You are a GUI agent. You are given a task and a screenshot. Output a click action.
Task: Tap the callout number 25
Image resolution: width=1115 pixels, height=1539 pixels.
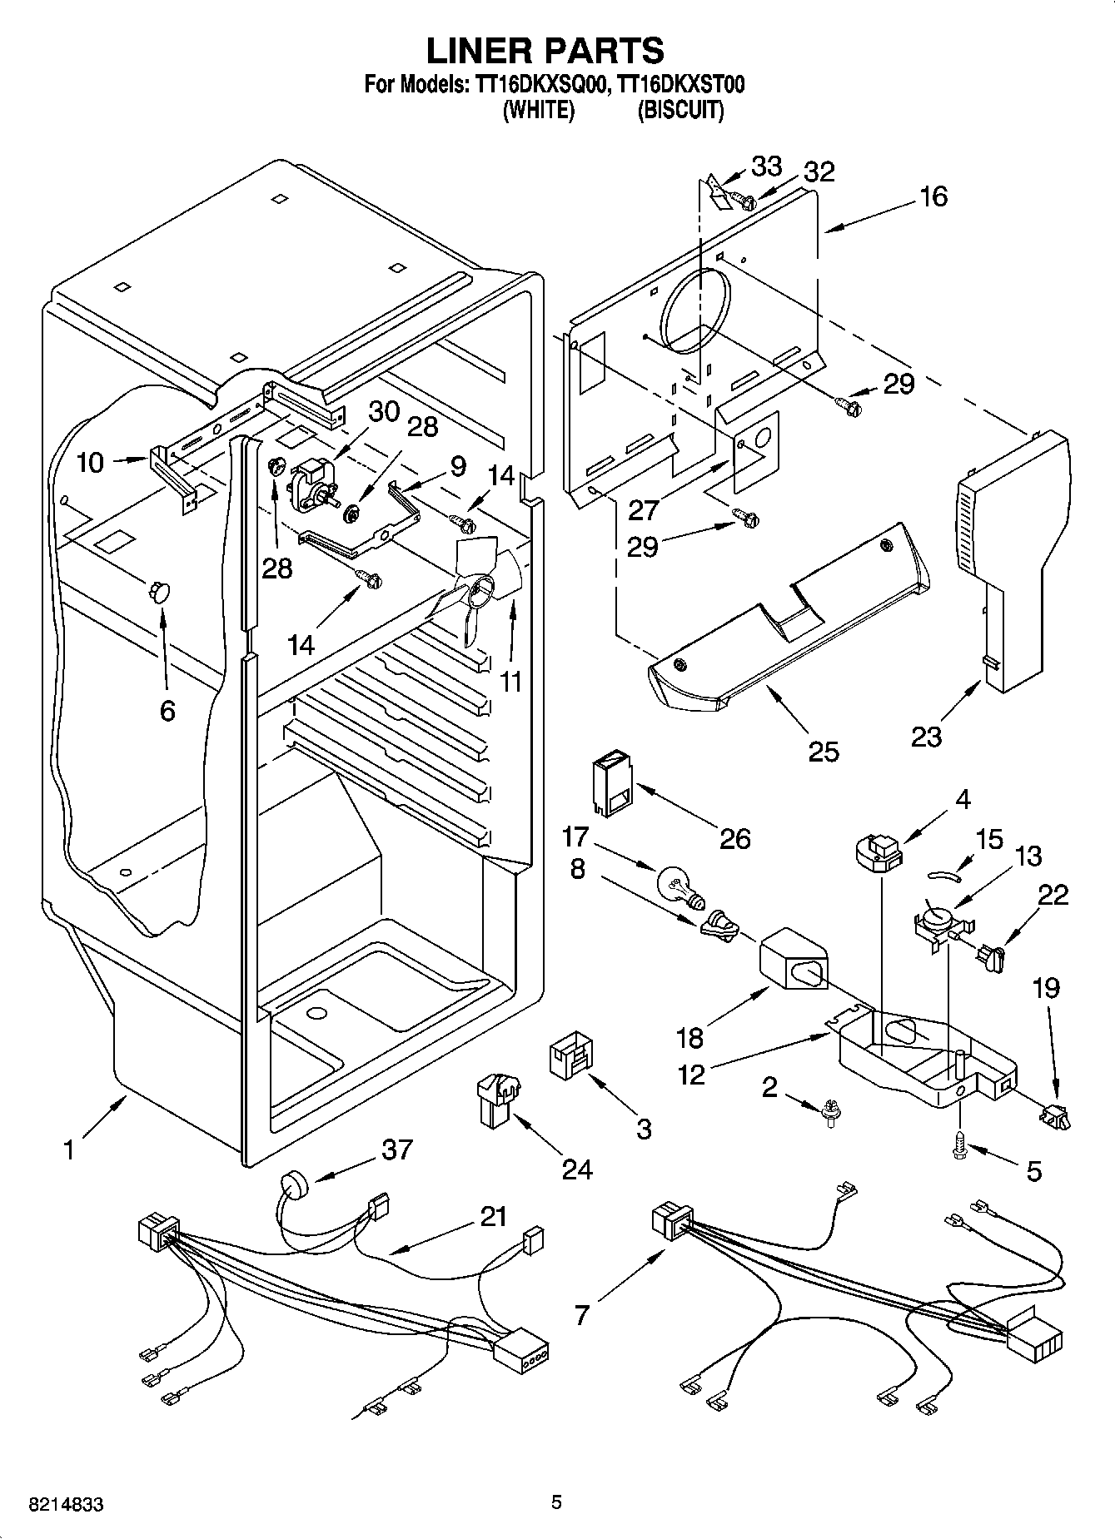click(x=824, y=751)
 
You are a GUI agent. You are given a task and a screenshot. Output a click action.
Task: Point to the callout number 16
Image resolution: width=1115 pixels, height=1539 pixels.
click(x=933, y=196)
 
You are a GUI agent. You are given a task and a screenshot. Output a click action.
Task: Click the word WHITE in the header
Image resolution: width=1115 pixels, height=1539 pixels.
click(x=539, y=110)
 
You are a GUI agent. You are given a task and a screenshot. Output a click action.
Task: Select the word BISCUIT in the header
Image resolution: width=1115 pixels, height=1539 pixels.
click(x=680, y=110)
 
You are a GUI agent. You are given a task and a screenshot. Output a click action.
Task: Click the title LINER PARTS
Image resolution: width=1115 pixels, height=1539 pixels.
click(x=545, y=51)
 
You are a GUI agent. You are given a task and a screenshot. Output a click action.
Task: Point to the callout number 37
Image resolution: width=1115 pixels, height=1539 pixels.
click(x=396, y=1149)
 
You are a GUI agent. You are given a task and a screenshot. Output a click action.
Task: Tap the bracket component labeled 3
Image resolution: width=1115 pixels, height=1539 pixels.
click(x=570, y=1055)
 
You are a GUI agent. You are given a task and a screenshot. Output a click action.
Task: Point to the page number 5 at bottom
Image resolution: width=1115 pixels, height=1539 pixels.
click(x=557, y=1502)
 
